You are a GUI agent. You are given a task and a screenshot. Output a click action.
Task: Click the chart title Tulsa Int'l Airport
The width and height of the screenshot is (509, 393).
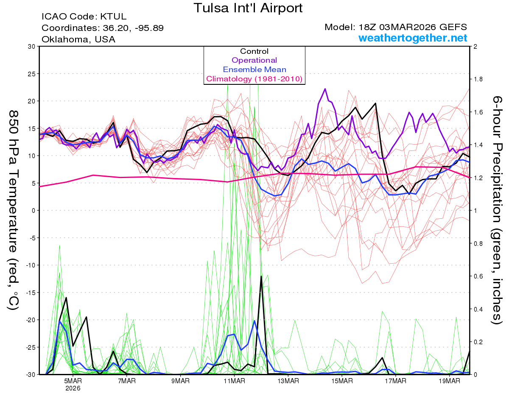[248, 8]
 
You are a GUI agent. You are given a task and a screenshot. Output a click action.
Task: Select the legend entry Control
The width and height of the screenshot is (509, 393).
[254, 51]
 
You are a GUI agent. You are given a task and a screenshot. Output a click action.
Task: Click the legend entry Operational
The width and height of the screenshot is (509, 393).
[254, 60]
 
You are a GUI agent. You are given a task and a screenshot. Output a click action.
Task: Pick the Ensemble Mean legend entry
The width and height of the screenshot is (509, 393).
[254, 70]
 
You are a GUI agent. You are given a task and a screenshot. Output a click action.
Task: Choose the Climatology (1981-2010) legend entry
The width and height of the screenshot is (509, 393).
[254, 79]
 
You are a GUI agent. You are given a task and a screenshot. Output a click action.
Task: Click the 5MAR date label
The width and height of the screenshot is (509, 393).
[73, 381]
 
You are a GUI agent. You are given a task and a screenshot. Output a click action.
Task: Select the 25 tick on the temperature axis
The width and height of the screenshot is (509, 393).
[31, 74]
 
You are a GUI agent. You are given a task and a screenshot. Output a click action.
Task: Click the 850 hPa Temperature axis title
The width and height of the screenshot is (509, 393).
[13, 210]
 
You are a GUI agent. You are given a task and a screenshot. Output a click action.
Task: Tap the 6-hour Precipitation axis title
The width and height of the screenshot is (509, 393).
[497, 210]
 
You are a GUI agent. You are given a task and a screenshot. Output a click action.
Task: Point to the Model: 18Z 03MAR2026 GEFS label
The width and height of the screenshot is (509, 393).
[396, 27]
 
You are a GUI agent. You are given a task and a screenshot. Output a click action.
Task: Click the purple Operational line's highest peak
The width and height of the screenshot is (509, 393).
[325, 89]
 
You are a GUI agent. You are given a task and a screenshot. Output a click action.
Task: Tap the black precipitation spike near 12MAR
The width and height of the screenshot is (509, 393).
[261, 276]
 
